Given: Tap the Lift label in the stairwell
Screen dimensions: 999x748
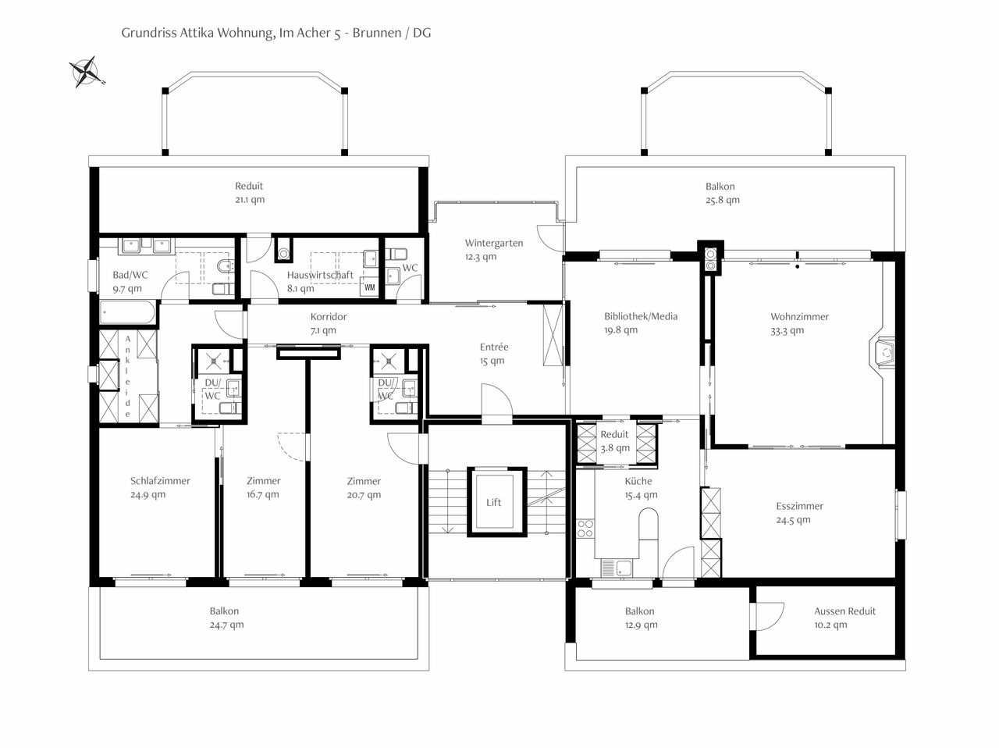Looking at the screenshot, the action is pos(494,502).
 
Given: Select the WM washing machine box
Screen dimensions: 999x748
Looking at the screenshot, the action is pos(370,287).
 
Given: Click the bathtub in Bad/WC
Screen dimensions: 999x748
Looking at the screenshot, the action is pos(128,312).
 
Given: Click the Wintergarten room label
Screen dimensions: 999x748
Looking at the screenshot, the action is pos(494,243).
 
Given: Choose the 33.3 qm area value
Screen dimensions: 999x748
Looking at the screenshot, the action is pos(787,331).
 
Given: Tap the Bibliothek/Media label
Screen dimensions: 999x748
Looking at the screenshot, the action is pos(641,316).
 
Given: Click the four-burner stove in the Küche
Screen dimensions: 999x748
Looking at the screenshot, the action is pos(585,529).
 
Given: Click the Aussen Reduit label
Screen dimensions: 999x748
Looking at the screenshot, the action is pos(845,611).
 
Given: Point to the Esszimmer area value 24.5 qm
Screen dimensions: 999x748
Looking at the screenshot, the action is pos(793,520).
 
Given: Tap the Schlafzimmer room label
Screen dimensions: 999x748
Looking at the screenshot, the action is pos(160,481).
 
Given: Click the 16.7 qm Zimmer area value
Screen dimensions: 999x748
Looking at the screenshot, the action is pos(263,494).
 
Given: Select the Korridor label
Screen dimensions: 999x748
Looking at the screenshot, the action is pos(329,316).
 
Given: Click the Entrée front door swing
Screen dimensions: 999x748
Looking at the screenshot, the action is pos(497,400).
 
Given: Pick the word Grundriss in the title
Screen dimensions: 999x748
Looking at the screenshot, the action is pos(149,34).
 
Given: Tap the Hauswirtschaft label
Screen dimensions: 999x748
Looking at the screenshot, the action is pos(320,275).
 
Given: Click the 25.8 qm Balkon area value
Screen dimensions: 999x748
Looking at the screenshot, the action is pos(723,201).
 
